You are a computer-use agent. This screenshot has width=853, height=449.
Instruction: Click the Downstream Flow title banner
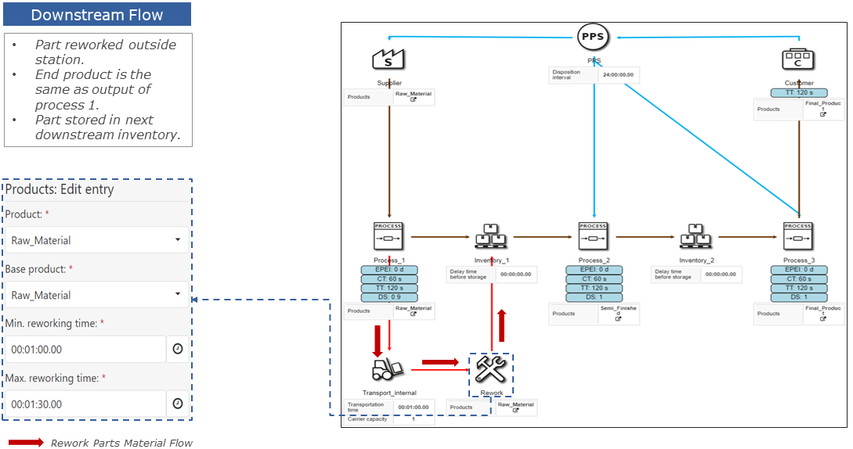click(x=97, y=15)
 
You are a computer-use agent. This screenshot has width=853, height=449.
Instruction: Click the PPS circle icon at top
click(x=593, y=36)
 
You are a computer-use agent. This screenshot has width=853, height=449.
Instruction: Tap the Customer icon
click(x=797, y=59)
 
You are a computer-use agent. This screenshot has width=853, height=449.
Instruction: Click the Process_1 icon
click(x=389, y=235)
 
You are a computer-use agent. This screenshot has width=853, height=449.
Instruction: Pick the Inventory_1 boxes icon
click(x=491, y=235)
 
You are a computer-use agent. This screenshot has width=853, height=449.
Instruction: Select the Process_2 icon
click(x=593, y=235)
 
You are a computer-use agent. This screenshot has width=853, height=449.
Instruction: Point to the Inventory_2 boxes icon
click(x=696, y=235)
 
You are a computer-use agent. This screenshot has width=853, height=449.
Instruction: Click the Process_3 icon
click(x=797, y=235)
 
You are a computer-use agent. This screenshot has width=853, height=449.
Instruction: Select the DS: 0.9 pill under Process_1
click(x=389, y=297)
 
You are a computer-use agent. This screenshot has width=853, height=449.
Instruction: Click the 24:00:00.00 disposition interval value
click(x=617, y=75)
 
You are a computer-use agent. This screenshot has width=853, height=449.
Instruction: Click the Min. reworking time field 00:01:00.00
click(x=85, y=350)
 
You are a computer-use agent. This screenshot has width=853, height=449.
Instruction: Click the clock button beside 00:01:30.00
click(x=177, y=404)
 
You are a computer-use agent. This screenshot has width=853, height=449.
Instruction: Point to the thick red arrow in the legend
click(x=26, y=443)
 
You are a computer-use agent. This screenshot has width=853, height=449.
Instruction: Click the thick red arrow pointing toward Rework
click(x=439, y=362)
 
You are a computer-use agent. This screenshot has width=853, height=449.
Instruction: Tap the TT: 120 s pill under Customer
click(x=797, y=92)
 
